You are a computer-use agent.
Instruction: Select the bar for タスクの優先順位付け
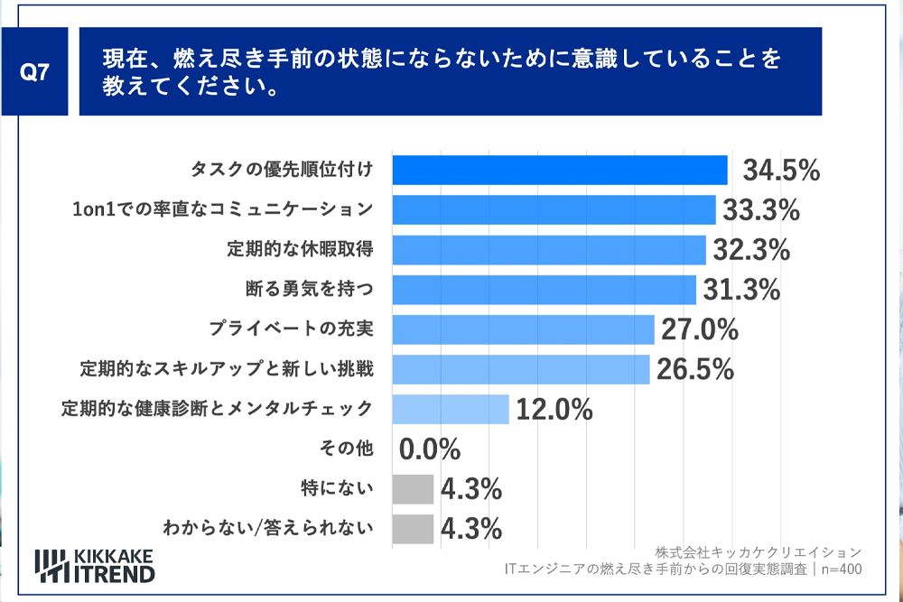pos(560,170)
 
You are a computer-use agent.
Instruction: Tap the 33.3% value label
pos(761,210)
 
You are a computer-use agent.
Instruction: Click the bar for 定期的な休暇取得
pos(549,250)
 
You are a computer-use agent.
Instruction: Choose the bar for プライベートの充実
pos(523,329)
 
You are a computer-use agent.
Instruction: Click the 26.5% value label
pos(694,369)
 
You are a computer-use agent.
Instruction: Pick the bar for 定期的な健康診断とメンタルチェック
pos(451,409)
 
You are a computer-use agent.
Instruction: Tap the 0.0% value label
pos(430,449)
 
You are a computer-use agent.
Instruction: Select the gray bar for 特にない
pos(413,488)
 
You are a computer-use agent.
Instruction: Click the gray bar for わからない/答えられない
pos(413,528)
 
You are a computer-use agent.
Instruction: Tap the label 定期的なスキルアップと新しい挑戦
pos(226,369)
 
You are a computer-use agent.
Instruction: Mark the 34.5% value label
pos(781,171)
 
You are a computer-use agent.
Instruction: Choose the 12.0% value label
pos(554,409)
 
